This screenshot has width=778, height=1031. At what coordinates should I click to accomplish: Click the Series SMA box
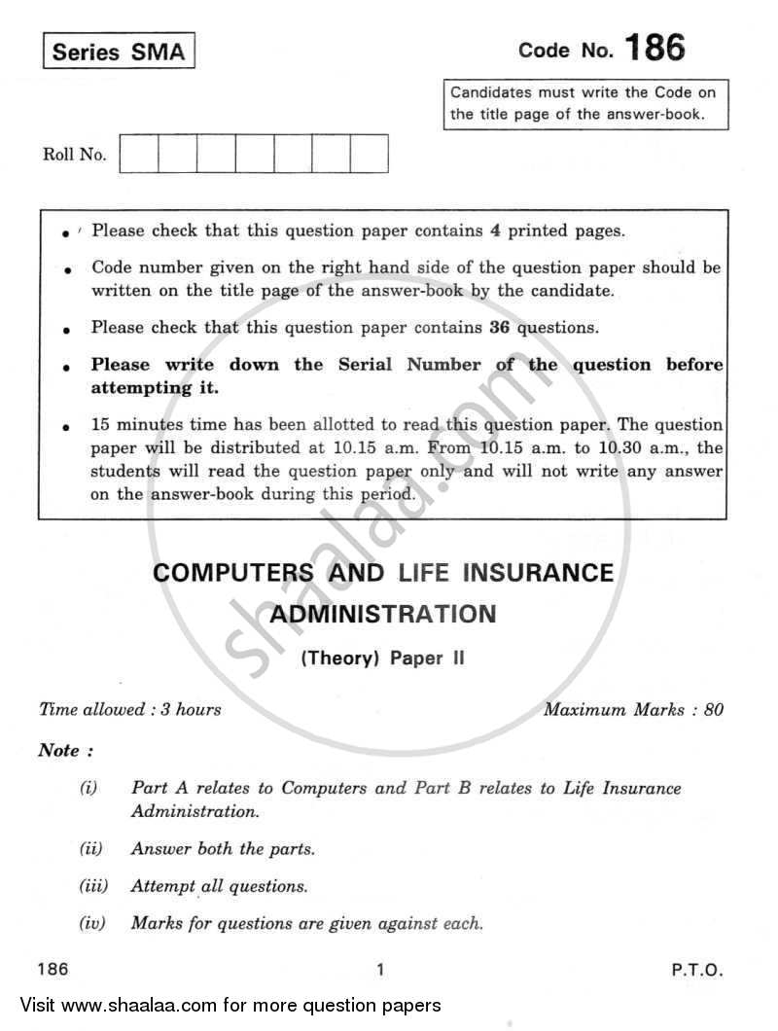point(119,53)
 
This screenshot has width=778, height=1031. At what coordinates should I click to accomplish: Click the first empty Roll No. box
point(139,154)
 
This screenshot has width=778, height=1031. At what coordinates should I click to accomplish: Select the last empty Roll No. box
point(369,154)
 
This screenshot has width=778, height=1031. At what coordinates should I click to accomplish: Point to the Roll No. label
point(74,155)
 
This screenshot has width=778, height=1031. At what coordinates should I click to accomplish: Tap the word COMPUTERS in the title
point(233,573)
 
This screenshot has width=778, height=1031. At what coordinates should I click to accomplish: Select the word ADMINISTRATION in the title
point(382,614)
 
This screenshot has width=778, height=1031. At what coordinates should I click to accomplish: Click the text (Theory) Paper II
point(382,658)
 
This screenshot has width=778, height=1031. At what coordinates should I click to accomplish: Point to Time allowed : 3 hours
point(129,709)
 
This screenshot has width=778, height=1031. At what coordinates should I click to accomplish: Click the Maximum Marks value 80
point(713,709)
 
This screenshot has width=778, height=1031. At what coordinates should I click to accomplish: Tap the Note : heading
point(65,750)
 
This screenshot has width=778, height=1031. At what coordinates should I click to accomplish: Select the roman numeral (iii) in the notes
point(92,886)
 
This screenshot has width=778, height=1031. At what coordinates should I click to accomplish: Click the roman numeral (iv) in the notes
point(92,923)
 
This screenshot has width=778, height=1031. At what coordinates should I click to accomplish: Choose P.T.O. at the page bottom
point(696,970)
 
